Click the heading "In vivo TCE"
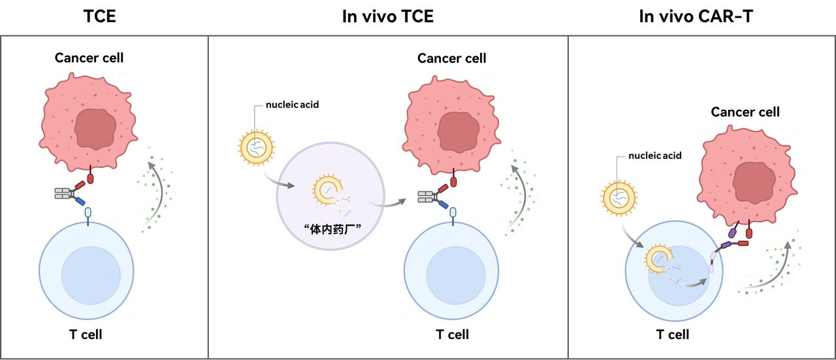[387, 16]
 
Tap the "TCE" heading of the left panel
[100, 16]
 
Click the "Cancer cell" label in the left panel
[89, 57]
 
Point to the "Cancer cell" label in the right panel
[745, 112]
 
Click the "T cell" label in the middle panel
[452, 335]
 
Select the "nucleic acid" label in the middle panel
[292, 104]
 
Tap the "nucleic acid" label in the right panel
[654, 155]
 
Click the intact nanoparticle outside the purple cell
[255, 148]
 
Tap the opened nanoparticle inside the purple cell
[326, 191]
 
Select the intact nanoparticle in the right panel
[617, 199]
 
